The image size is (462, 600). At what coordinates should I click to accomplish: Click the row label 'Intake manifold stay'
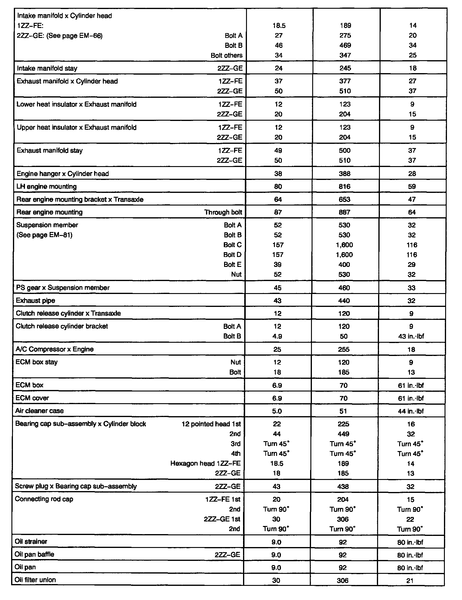(47, 68)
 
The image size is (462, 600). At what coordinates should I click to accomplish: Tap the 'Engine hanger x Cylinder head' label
(63, 174)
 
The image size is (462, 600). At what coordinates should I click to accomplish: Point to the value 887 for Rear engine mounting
(344, 212)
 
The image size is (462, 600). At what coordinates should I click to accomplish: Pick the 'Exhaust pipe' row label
(35, 301)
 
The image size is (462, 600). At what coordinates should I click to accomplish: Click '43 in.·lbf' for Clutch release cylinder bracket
(411, 336)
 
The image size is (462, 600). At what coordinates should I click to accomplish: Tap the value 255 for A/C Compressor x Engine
(343, 349)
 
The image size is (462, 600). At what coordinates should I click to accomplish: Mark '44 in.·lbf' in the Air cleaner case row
(411, 411)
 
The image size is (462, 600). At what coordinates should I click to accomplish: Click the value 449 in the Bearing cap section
(343, 434)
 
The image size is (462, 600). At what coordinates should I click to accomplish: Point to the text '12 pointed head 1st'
(211, 424)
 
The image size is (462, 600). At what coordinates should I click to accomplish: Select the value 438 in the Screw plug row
(343, 487)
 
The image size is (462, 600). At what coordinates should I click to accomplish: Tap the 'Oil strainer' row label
(31, 542)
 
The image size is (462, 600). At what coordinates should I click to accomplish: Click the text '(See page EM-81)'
(44, 235)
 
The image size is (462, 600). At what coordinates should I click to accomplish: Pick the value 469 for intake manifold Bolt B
(345, 45)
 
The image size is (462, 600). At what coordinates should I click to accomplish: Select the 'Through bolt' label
(223, 212)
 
